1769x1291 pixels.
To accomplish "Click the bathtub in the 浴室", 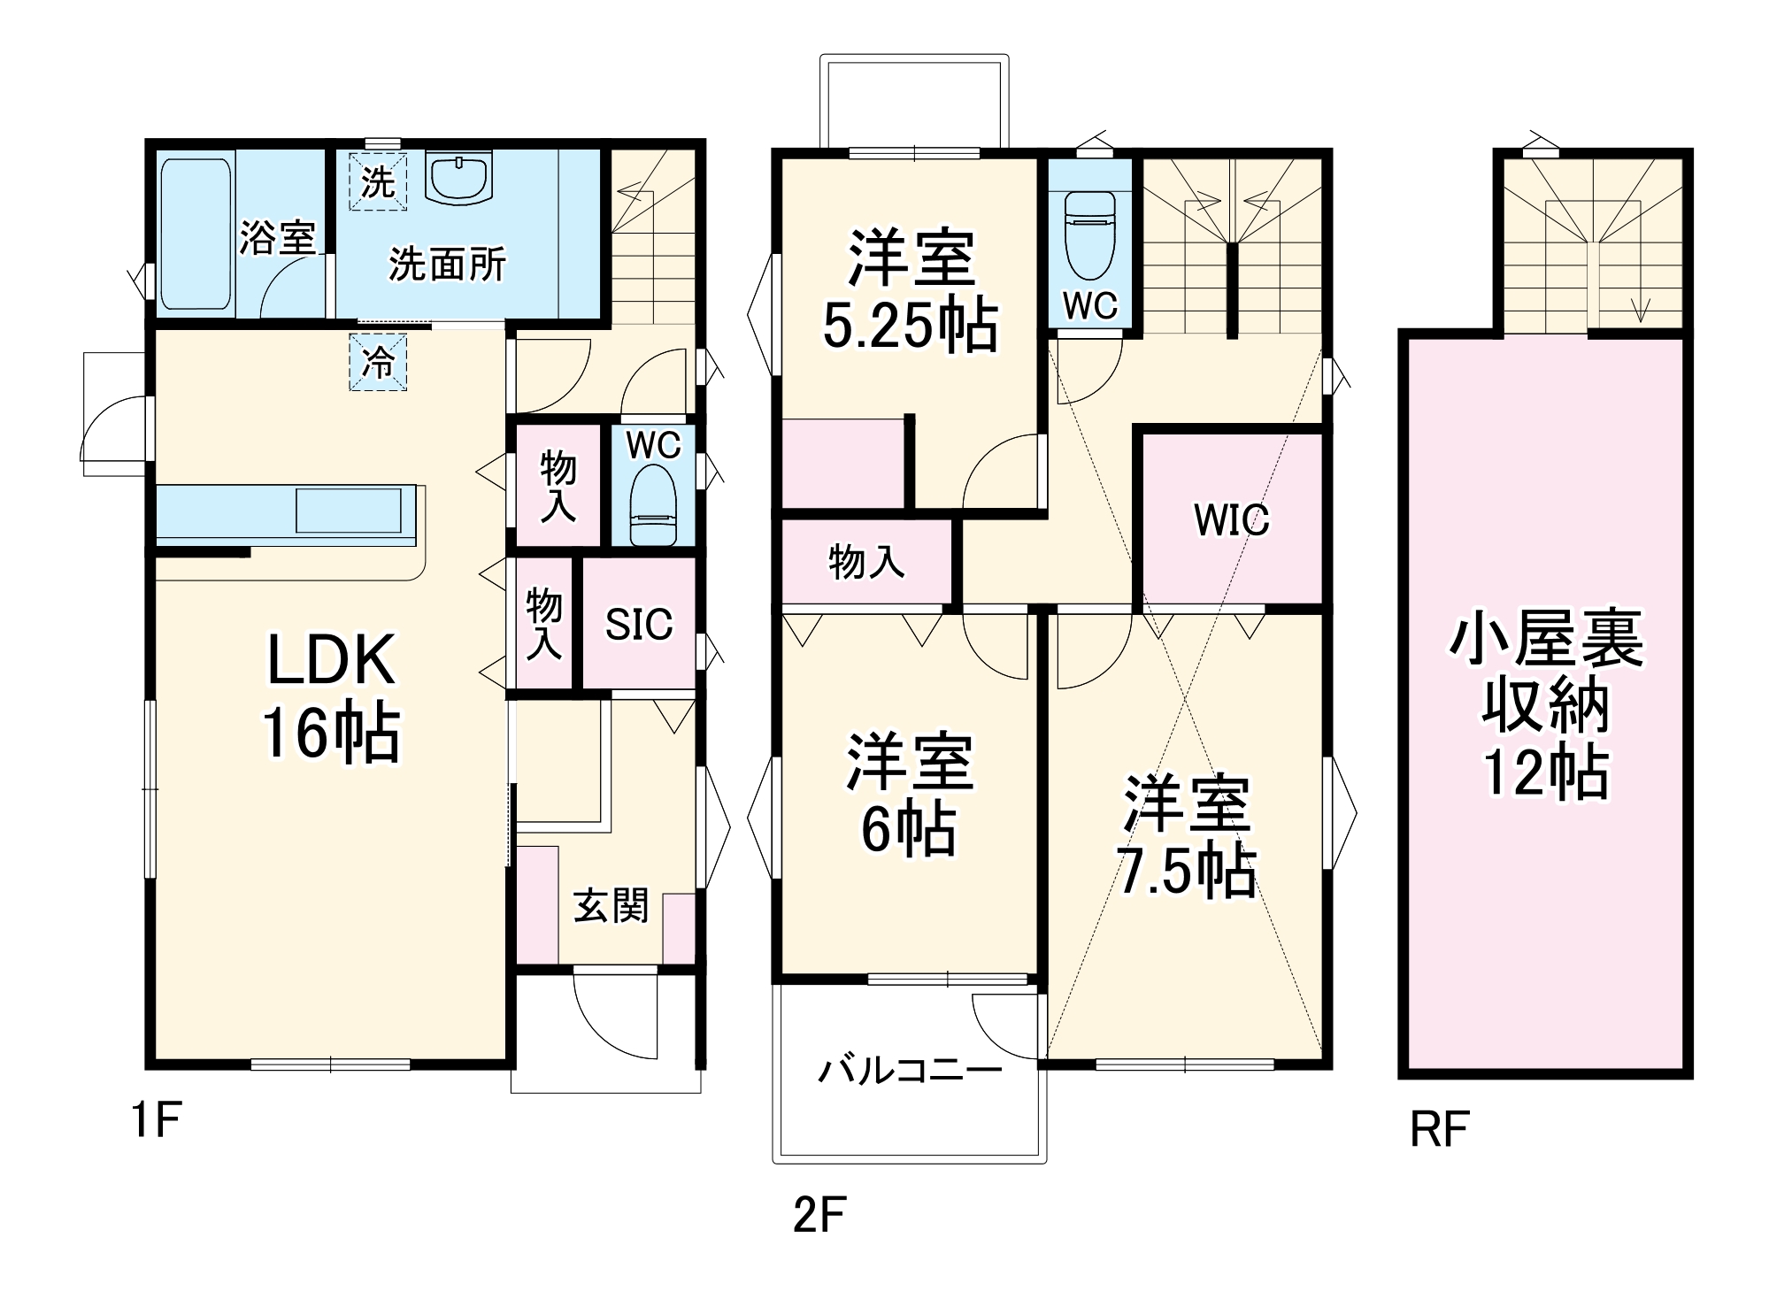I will point(196,234).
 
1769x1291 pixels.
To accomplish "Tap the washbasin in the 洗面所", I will point(458,177).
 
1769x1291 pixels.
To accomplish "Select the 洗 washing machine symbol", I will point(378,182).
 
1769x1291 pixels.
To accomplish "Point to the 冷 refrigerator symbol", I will point(378,362).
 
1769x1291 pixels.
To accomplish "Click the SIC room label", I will point(639,625).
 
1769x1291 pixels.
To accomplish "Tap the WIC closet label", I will point(1231,520).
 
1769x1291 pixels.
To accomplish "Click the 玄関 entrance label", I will point(611,906).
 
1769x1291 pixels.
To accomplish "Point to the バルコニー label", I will point(910,1072).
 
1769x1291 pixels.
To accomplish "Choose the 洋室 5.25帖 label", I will point(911,291).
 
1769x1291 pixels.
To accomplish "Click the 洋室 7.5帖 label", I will point(1186,836).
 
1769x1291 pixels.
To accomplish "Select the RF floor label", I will point(1439,1130).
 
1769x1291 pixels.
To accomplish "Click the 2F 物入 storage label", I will point(865,562).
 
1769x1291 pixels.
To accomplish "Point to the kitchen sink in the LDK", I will point(348,511).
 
